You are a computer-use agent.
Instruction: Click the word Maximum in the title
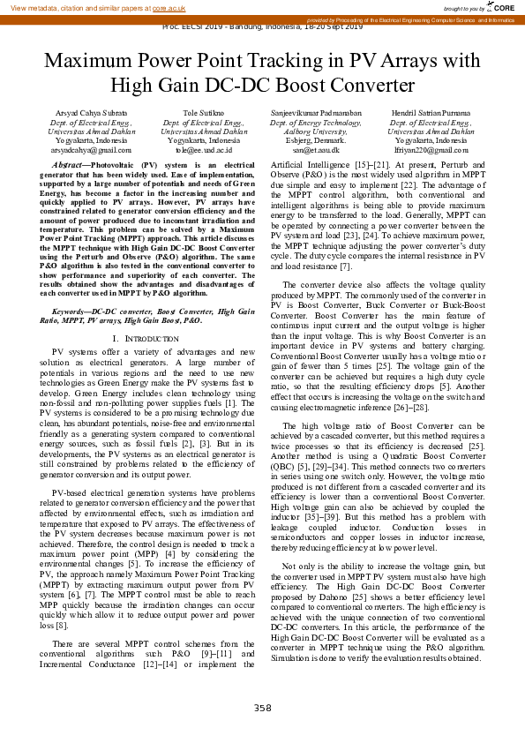pyautogui.click(x=90, y=63)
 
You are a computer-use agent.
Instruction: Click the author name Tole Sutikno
pyautogui.click(x=203, y=114)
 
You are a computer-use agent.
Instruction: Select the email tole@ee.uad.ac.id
pyautogui.click(x=203, y=150)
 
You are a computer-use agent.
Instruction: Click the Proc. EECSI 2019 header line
pyautogui.click(x=262, y=26)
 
